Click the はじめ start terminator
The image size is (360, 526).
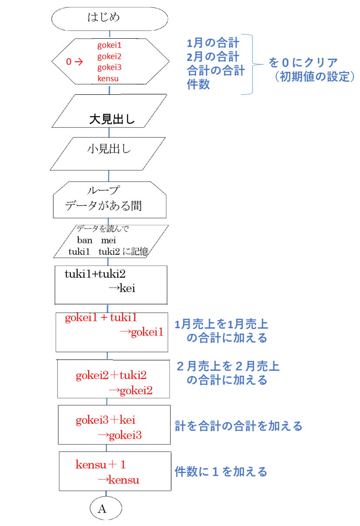tap(110, 19)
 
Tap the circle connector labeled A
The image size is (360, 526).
tap(106, 508)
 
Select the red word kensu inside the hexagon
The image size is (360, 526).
tap(108, 78)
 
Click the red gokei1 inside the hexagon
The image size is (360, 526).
tap(110, 45)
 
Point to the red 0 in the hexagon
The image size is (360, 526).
tap(69, 62)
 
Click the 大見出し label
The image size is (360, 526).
tap(112, 119)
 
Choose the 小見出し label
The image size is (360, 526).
tap(109, 149)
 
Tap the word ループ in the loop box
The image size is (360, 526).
tap(103, 190)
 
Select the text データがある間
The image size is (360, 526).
tap(103, 206)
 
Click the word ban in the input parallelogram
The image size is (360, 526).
tap(85, 240)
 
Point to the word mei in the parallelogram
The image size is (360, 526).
tap(109, 240)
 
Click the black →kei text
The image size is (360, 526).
tap(122, 288)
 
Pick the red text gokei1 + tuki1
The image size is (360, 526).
tap(101, 317)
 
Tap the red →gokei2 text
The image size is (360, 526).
tap(130, 390)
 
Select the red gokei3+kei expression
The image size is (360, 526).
tap(106, 420)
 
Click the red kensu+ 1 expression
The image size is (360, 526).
tap(100, 464)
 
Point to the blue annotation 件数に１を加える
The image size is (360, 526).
tap(221, 472)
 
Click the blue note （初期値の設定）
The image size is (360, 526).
tap(315, 77)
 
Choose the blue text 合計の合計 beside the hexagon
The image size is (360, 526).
tap(216, 70)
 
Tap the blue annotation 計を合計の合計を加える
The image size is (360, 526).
tap(238, 426)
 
